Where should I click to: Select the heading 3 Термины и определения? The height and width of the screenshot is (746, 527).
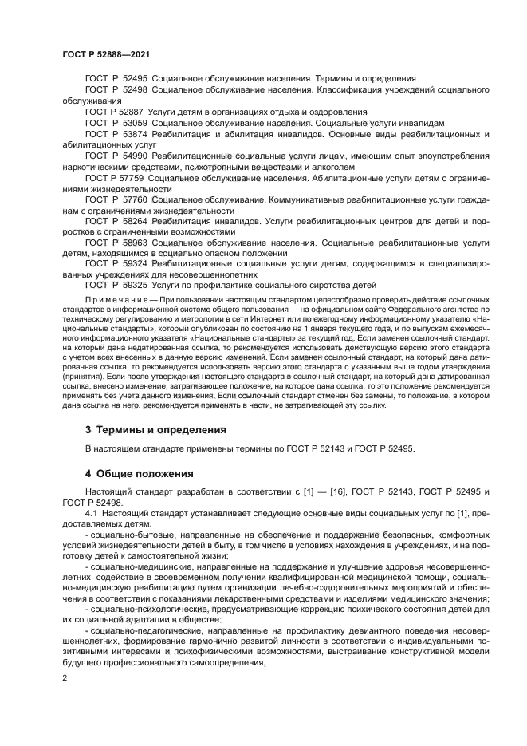click(155, 429)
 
